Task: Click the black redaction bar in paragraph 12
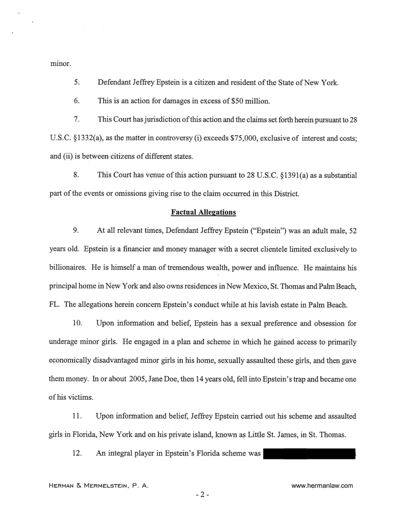309,454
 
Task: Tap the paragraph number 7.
76,119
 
